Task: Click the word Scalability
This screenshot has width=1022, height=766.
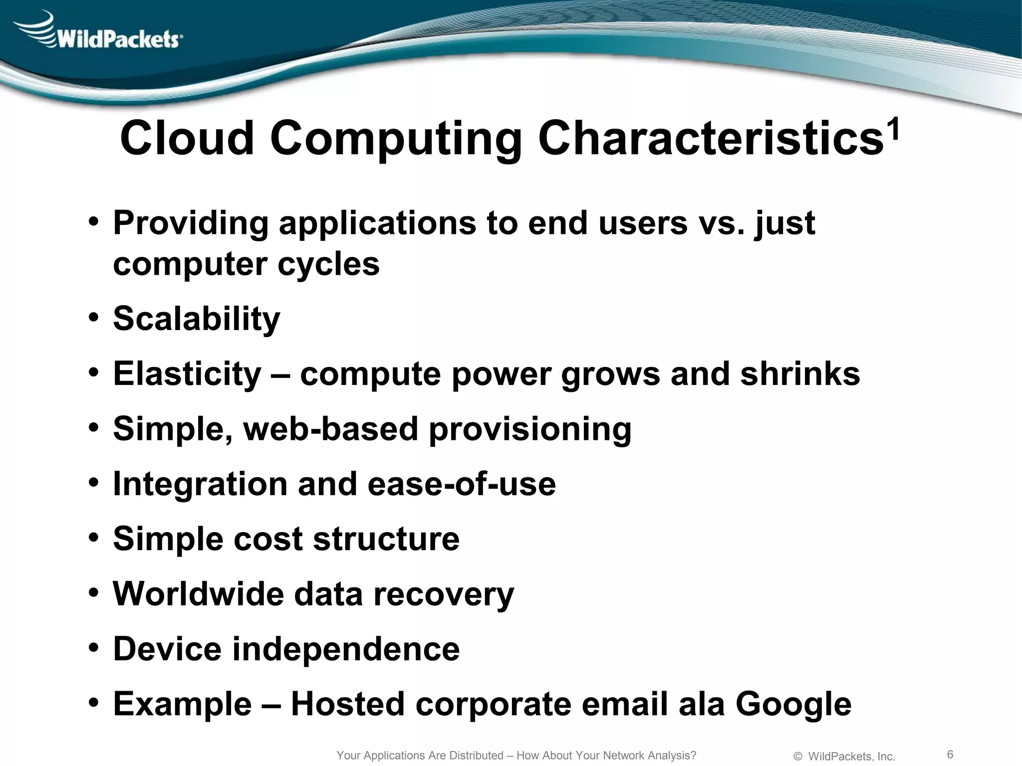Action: pos(197,319)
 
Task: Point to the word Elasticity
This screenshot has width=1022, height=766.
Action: pos(187,374)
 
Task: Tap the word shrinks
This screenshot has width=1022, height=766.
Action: pos(800,374)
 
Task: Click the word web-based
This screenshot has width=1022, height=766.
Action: pos(330,429)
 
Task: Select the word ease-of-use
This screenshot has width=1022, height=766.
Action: pos(462,484)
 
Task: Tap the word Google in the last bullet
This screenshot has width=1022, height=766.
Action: pos(793,704)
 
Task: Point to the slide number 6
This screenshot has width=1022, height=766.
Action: pos(950,754)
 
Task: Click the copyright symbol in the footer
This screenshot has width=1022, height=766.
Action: pos(797,757)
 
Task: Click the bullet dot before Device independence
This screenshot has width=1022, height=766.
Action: pos(94,649)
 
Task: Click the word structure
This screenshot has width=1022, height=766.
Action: pos(386,539)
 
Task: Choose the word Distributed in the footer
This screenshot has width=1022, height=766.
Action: pos(476,756)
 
